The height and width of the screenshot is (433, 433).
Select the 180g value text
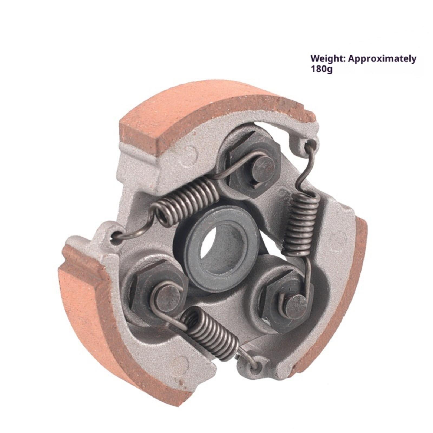coord(321,69)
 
